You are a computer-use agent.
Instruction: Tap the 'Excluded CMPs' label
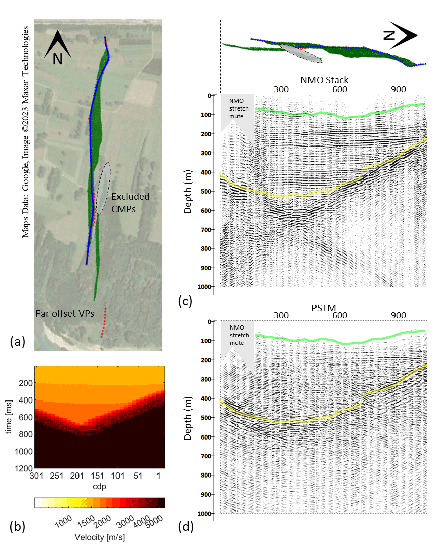click(x=130, y=202)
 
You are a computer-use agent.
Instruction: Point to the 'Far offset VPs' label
click(x=65, y=314)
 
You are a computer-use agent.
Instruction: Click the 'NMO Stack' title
click(x=325, y=80)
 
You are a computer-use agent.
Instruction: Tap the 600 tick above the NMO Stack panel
click(x=340, y=89)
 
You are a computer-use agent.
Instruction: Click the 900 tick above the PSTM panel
click(x=399, y=315)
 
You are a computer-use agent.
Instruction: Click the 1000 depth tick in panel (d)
click(x=205, y=513)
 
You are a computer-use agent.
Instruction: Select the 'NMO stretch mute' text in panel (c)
click(x=236, y=108)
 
